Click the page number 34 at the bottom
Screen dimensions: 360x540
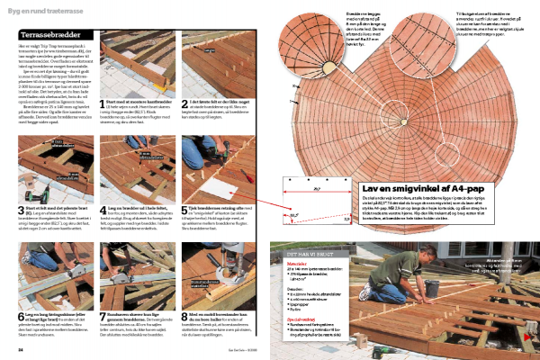coord(20,350)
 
